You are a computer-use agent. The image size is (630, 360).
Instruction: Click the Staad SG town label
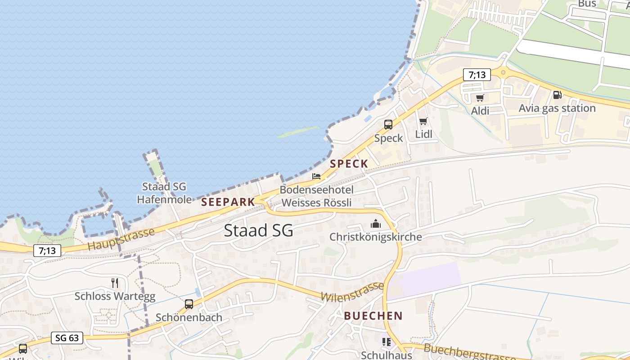(x=258, y=230)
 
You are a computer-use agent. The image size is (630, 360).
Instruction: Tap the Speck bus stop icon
(x=388, y=125)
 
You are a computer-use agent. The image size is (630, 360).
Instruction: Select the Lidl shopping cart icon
(x=423, y=121)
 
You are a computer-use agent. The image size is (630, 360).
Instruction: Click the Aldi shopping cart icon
(x=480, y=98)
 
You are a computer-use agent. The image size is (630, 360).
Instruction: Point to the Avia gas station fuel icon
(x=557, y=95)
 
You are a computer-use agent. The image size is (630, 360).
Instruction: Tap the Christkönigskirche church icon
(x=375, y=224)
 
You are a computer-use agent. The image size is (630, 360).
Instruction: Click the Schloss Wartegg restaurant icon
(x=115, y=283)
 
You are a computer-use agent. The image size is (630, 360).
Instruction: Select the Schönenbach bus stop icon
(x=189, y=304)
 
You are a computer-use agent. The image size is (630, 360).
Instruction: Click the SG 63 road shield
(x=67, y=338)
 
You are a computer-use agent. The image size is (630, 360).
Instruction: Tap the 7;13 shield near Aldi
(x=477, y=75)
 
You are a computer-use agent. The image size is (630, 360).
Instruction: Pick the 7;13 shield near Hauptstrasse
(x=47, y=251)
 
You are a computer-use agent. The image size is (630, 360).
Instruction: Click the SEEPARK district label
(x=228, y=202)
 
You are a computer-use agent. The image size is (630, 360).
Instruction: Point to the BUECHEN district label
(x=373, y=316)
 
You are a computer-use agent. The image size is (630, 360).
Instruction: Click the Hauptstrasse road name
(x=121, y=239)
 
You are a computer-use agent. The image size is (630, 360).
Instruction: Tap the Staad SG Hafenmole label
(x=164, y=193)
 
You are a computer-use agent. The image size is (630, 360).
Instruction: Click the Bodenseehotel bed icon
(x=316, y=176)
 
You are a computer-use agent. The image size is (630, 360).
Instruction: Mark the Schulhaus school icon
(x=387, y=342)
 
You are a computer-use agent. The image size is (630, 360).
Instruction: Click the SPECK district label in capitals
(x=349, y=164)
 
